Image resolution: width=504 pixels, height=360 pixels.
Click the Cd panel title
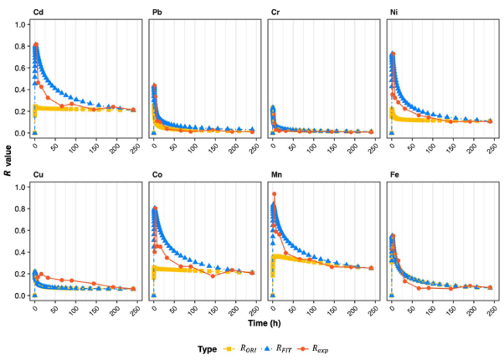(38, 11)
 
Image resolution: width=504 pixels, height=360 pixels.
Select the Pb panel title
(157, 11)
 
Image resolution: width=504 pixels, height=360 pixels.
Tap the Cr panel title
(275, 11)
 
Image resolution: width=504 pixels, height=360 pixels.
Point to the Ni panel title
(394, 11)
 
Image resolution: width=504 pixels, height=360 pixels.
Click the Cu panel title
(38, 174)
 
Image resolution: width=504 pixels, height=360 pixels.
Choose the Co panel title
(157, 174)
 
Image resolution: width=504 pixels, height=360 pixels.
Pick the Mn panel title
(277, 174)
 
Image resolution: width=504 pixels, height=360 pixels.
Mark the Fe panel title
(394, 174)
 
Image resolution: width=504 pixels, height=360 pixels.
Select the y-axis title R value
(8, 159)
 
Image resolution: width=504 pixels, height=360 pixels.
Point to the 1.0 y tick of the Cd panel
(20, 24)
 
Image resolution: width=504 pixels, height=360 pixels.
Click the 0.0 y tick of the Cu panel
(20, 296)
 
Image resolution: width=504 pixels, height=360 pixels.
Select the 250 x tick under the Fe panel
(490, 308)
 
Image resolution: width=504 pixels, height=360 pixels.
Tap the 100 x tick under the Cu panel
(75, 308)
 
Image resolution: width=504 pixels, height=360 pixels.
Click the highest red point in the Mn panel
(274, 194)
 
